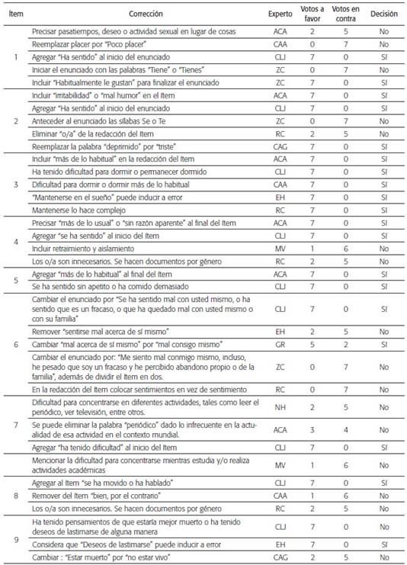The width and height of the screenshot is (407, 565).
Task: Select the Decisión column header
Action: click(384, 14)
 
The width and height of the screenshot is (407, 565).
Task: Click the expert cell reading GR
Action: click(280, 345)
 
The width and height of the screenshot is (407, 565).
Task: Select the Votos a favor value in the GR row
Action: click(312, 345)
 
